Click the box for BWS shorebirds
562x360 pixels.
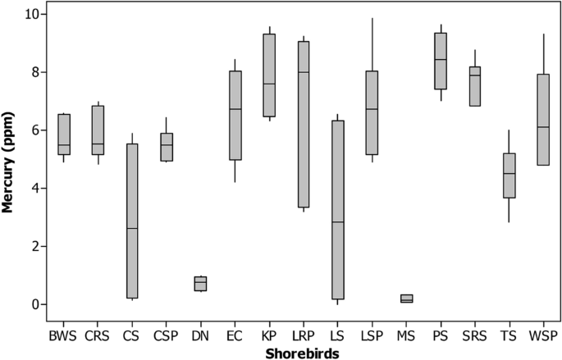pos(63,134)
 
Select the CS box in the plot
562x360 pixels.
pos(132,221)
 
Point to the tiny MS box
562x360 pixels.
pos(406,298)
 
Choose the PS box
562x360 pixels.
pos(440,61)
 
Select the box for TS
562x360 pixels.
pos(509,175)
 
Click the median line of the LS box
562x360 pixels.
pos(337,222)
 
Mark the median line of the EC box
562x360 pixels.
pos(235,109)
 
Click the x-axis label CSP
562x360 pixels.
pos(167,335)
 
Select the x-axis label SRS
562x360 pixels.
pos(474,335)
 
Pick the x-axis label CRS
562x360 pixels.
pos(98,335)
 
